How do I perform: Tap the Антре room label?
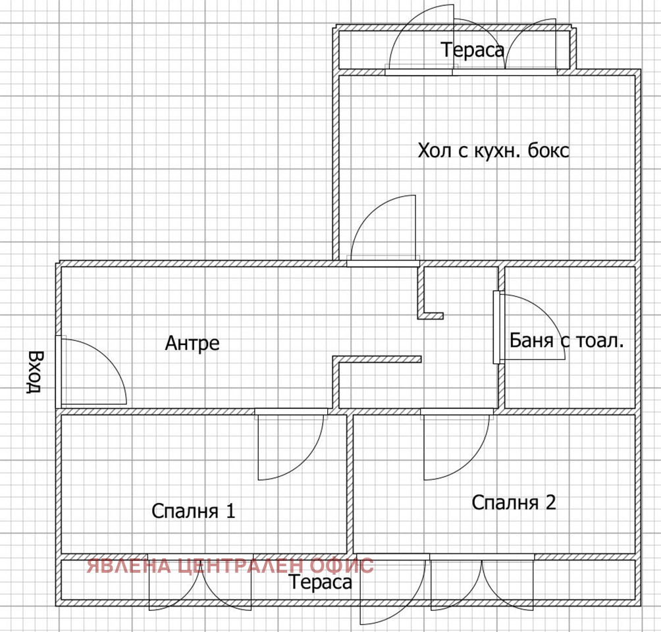192,343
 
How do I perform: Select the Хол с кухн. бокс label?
493,151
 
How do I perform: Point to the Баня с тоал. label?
566,341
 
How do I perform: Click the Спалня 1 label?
193,511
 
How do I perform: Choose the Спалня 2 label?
514,503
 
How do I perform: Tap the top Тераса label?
473,50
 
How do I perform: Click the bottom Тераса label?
321,583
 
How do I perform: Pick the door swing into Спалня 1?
290,445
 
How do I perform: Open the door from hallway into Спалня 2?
456,445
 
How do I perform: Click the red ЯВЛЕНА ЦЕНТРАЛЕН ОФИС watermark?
230,566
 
